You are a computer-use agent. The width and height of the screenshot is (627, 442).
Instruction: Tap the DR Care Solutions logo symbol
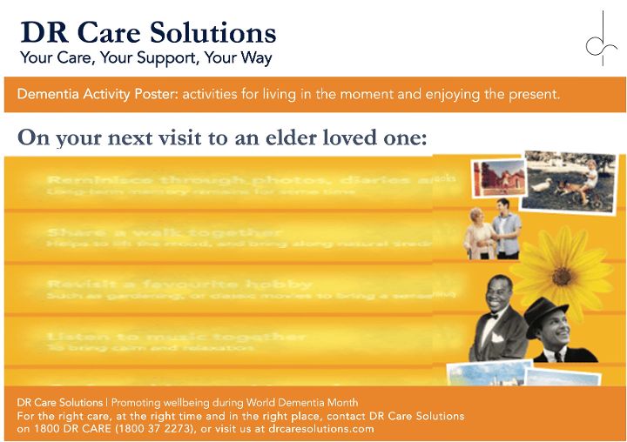(599, 39)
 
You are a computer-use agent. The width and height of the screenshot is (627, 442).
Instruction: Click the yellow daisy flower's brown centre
(562, 275)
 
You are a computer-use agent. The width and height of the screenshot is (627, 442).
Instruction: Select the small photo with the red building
(496, 178)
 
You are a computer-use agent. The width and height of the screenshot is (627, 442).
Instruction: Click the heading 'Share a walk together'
(165, 233)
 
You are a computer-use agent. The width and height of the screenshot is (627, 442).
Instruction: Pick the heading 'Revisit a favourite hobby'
(179, 285)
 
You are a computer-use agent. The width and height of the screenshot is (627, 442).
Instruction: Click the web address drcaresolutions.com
(321, 429)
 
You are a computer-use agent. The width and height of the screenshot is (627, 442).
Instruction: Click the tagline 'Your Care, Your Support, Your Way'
(146, 59)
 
